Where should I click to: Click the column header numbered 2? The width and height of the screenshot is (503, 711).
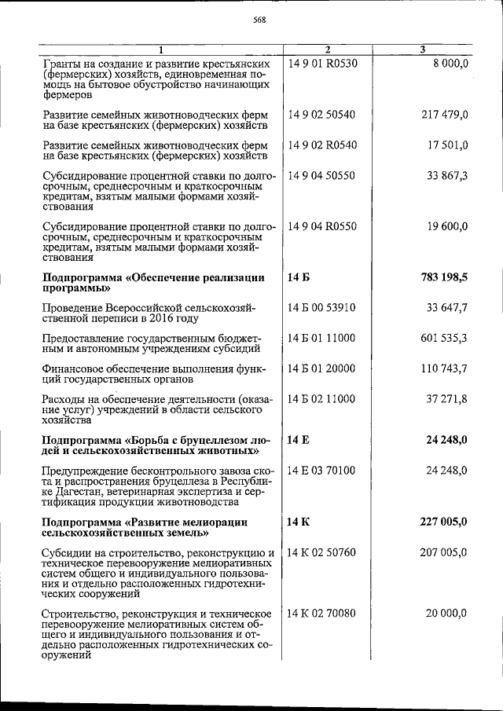pos(327,50)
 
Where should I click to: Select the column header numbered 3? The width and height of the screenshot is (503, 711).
pos(423,50)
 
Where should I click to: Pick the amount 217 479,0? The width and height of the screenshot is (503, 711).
pos(445,115)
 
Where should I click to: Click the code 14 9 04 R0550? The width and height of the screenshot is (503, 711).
pos(322,226)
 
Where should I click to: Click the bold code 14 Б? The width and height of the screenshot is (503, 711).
pos(299,278)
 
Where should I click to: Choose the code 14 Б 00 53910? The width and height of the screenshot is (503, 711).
pos(322,308)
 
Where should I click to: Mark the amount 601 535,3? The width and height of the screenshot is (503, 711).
pos(445,338)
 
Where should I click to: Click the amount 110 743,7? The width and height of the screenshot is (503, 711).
pos(445,368)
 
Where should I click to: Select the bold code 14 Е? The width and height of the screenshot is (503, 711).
pos(299,441)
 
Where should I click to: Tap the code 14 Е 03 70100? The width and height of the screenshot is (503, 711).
pos(322,471)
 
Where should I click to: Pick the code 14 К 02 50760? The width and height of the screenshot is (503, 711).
pos(322,552)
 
